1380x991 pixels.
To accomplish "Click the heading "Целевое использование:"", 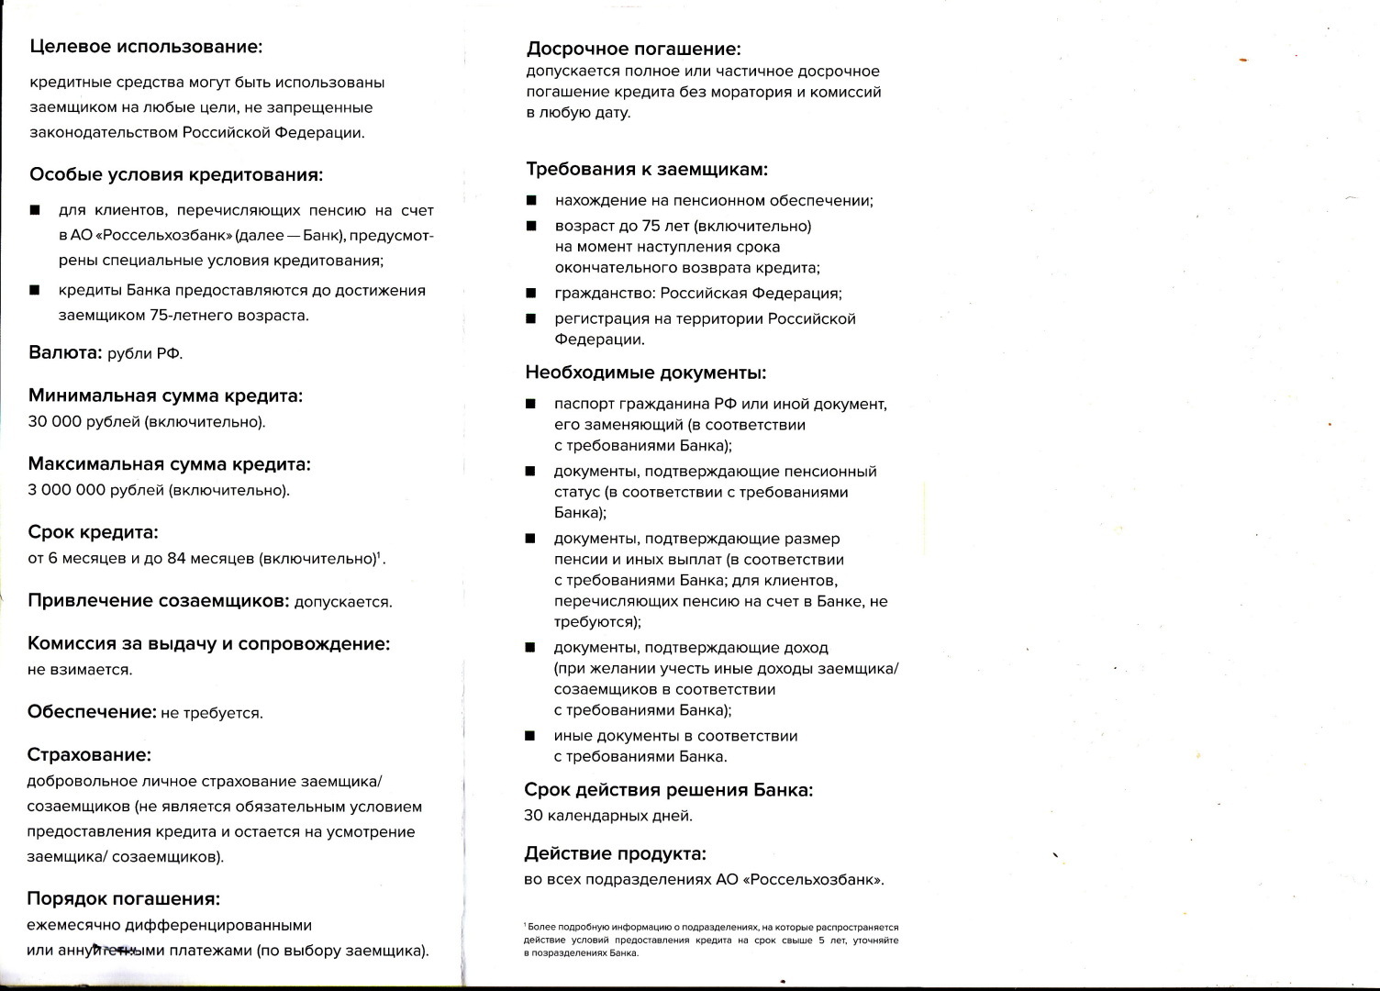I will tap(146, 47).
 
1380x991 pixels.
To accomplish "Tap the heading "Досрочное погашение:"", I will tap(633, 50).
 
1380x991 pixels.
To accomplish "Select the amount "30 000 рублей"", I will tap(84, 422).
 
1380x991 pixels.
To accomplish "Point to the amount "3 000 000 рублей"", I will tap(95, 490).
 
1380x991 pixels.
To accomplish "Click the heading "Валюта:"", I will tap(65, 353).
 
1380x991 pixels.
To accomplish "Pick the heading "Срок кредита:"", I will tap(93, 533).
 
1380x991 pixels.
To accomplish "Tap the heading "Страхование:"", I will tap(89, 755).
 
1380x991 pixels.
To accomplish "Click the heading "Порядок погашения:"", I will tap(124, 898).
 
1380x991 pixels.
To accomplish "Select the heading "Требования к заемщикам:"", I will tap(646, 170).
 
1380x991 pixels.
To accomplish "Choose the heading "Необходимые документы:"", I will tap(645, 373).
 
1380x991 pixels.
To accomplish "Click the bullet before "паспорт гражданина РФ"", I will tap(530, 404).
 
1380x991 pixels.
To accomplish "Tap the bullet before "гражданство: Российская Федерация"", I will tap(530, 294).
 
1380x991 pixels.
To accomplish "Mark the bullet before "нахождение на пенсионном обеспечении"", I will tap(531, 201).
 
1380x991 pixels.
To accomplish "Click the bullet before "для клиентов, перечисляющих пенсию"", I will tap(35, 211).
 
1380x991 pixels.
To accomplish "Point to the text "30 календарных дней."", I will tap(607, 816).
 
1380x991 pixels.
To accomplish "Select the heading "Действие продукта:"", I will tap(615, 854).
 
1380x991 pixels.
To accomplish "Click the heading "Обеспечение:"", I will tap(92, 712).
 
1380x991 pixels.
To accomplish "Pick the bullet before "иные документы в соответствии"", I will tap(529, 736).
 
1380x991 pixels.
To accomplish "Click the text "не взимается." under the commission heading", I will tap(80, 670).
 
